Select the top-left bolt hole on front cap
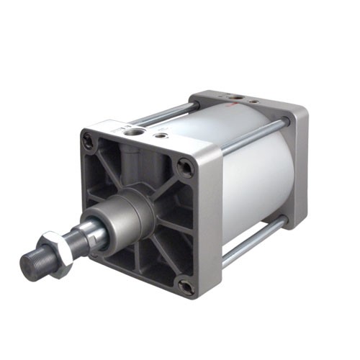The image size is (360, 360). tap(89, 142)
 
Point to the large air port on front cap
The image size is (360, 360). tap(133, 131)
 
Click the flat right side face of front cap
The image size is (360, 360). tap(209, 223)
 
